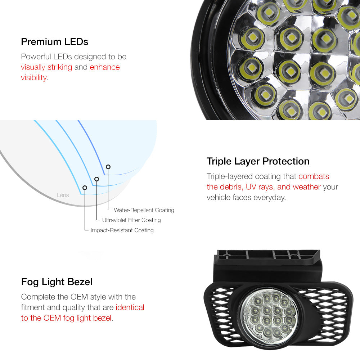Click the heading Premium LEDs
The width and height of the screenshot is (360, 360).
coord(55,42)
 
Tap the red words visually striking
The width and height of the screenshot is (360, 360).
coord(46,67)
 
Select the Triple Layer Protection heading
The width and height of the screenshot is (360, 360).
coord(258,161)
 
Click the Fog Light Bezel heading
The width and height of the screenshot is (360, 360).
coord(57,282)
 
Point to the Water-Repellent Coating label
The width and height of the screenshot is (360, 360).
coord(144,210)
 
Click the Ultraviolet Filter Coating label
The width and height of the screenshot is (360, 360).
coord(131,220)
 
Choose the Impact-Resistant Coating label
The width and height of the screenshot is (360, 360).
coord(122,230)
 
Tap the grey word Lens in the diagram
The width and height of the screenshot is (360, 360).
coord(63,195)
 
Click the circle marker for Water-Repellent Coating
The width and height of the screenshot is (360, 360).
coord(108,167)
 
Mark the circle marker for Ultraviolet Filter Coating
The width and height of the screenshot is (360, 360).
coord(96,179)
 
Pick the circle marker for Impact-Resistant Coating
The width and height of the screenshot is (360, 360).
coord(85,188)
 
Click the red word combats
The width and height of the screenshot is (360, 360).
coord(314,176)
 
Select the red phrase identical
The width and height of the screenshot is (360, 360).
coord(130,307)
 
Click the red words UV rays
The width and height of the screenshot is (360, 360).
coord(260,187)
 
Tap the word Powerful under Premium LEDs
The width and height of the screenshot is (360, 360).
coord(36,57)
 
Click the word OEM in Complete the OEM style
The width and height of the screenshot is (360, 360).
coord(79,297)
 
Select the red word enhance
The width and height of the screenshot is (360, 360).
coord(105,67)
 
